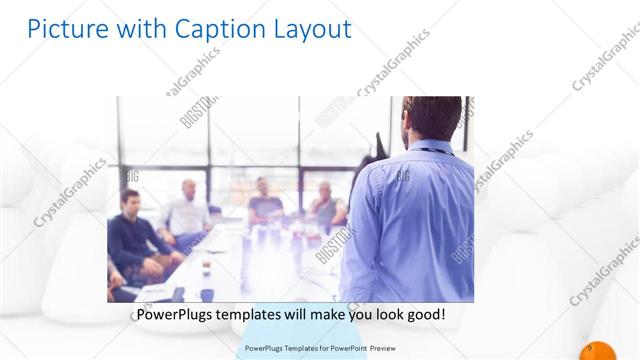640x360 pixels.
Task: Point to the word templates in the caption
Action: pyautogui.click(x=256, y=315)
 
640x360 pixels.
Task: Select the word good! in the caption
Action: pyautogui.click(x=424, y=315)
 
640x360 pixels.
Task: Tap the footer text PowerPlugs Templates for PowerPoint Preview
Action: pyautogui.click(x=319, y=348)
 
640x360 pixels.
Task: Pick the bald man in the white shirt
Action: pyautogui.click(x=188, y=210)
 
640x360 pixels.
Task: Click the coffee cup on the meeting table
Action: pyautogui.click(x=206, y=265)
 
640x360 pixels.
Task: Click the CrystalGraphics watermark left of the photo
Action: pyautogui.click(x=70, y=190)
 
